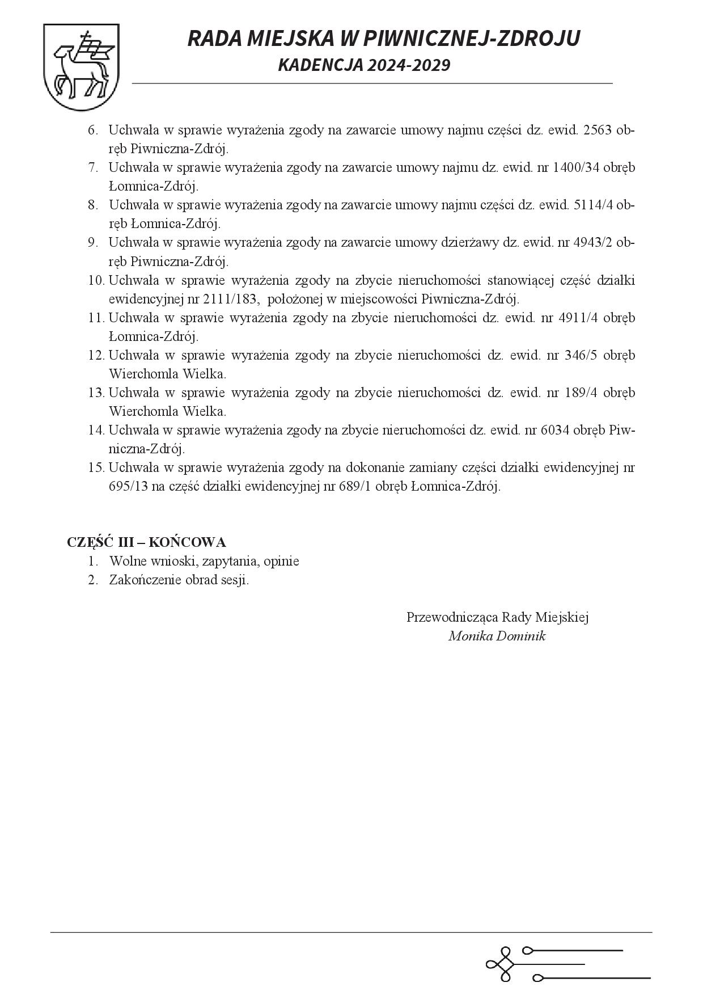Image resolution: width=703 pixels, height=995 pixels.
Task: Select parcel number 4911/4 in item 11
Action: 578,317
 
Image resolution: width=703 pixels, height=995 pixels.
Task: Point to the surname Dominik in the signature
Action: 520,635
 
